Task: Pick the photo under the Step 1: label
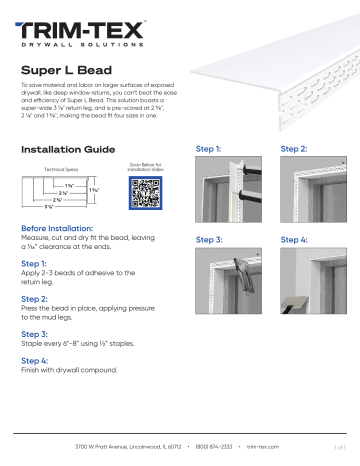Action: coord(225,193)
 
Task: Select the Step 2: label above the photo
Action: coord(296,148)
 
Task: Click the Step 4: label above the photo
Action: coord(296,240)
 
